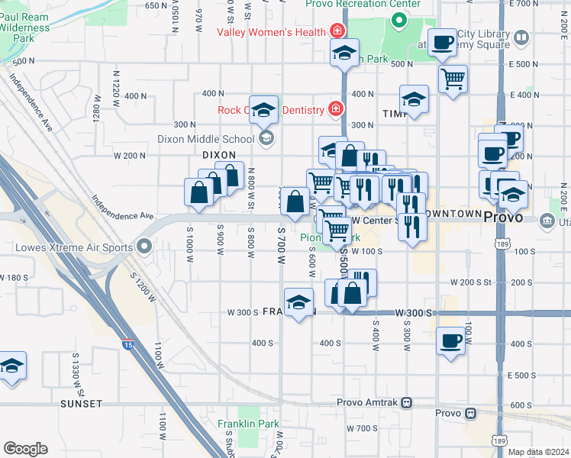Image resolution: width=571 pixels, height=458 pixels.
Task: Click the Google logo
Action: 25,449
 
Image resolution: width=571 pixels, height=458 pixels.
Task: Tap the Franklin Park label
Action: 247,424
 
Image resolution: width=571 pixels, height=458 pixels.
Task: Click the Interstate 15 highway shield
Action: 126,345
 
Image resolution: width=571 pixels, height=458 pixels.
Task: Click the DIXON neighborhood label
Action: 219,154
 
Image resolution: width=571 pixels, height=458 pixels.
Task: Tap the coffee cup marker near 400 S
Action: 451,340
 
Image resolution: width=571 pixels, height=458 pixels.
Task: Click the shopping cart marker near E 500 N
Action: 453,79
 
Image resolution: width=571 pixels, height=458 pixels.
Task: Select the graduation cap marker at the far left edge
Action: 12,366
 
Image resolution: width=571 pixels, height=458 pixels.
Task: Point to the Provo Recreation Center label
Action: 363,4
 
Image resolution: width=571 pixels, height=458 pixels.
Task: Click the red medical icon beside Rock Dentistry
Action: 334,110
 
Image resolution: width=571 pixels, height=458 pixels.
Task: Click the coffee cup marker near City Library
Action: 441,43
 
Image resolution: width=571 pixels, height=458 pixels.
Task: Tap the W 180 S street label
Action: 17,277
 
